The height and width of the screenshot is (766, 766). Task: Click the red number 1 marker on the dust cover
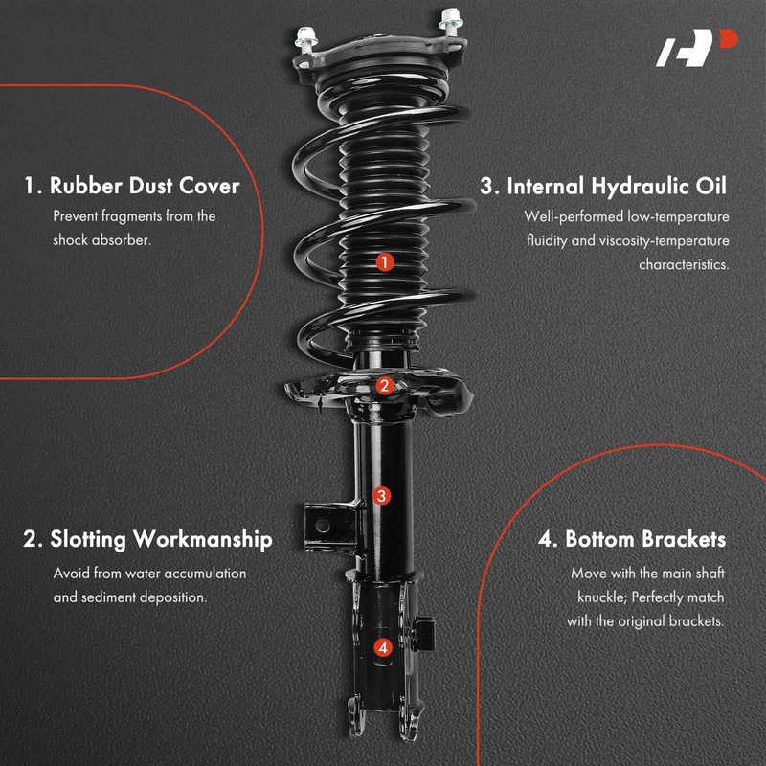384,261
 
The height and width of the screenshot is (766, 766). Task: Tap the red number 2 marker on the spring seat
384,386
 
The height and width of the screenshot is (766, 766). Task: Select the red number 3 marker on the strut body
382,495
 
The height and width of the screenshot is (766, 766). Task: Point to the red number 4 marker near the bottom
383,647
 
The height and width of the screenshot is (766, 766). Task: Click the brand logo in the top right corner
696,49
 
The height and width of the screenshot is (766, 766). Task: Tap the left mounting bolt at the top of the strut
305,38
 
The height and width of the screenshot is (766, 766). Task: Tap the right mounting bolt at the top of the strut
449,20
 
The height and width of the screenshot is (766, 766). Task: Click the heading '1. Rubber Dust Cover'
131,185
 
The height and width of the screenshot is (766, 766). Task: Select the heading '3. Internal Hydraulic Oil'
604,185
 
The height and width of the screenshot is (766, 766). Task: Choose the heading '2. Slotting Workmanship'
147,539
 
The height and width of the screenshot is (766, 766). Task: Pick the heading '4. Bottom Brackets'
632,539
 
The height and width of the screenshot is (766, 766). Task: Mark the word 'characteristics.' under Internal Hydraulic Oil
684,264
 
